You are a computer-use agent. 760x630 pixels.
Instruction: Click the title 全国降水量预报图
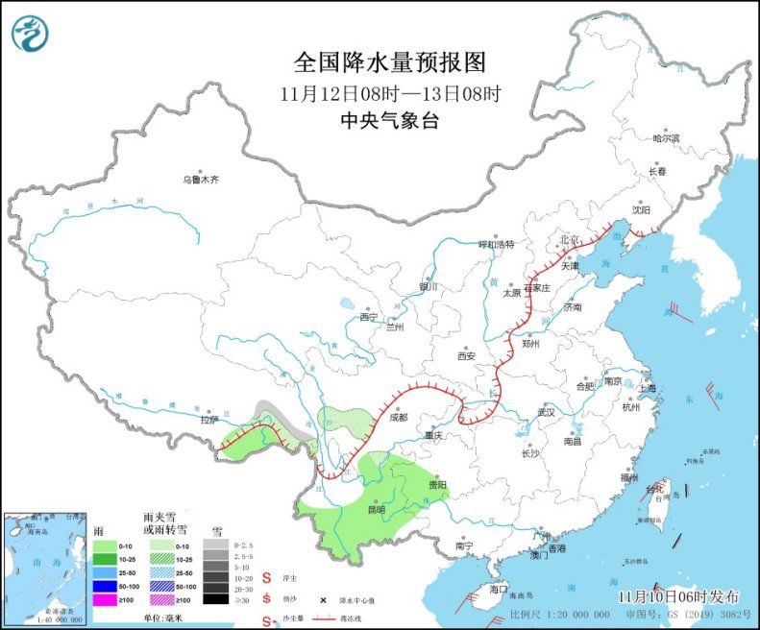pos(389,62)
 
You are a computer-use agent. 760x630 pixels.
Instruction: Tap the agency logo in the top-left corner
pos(30,33)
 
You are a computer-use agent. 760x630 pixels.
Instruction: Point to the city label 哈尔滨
pos(666,139)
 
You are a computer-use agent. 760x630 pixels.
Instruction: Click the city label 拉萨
pos(209,420)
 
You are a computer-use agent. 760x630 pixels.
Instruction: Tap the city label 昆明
pos(373,509)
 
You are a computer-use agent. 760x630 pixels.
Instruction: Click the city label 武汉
pos(547,411)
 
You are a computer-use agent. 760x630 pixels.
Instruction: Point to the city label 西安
pos(466,355)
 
